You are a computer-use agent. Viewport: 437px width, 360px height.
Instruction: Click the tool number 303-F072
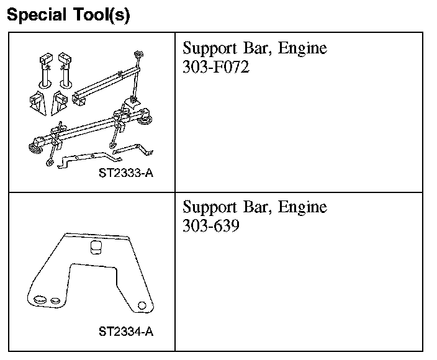(x=216, y=67)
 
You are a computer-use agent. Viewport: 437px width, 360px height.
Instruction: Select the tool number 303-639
(x=211, y=226)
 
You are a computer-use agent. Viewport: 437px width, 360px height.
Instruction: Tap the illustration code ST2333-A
(x=126, y=173)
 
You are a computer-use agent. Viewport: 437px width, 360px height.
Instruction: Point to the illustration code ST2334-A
(x=126, y=331)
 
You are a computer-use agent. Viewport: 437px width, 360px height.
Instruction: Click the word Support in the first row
(x=210, y=49)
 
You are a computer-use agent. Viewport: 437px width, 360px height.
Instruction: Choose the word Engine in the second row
(x=302, y=208)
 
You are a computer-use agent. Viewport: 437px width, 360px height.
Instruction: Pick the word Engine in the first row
(x=302, y=49)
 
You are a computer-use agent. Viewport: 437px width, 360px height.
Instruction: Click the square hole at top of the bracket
(x=96, y=247)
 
